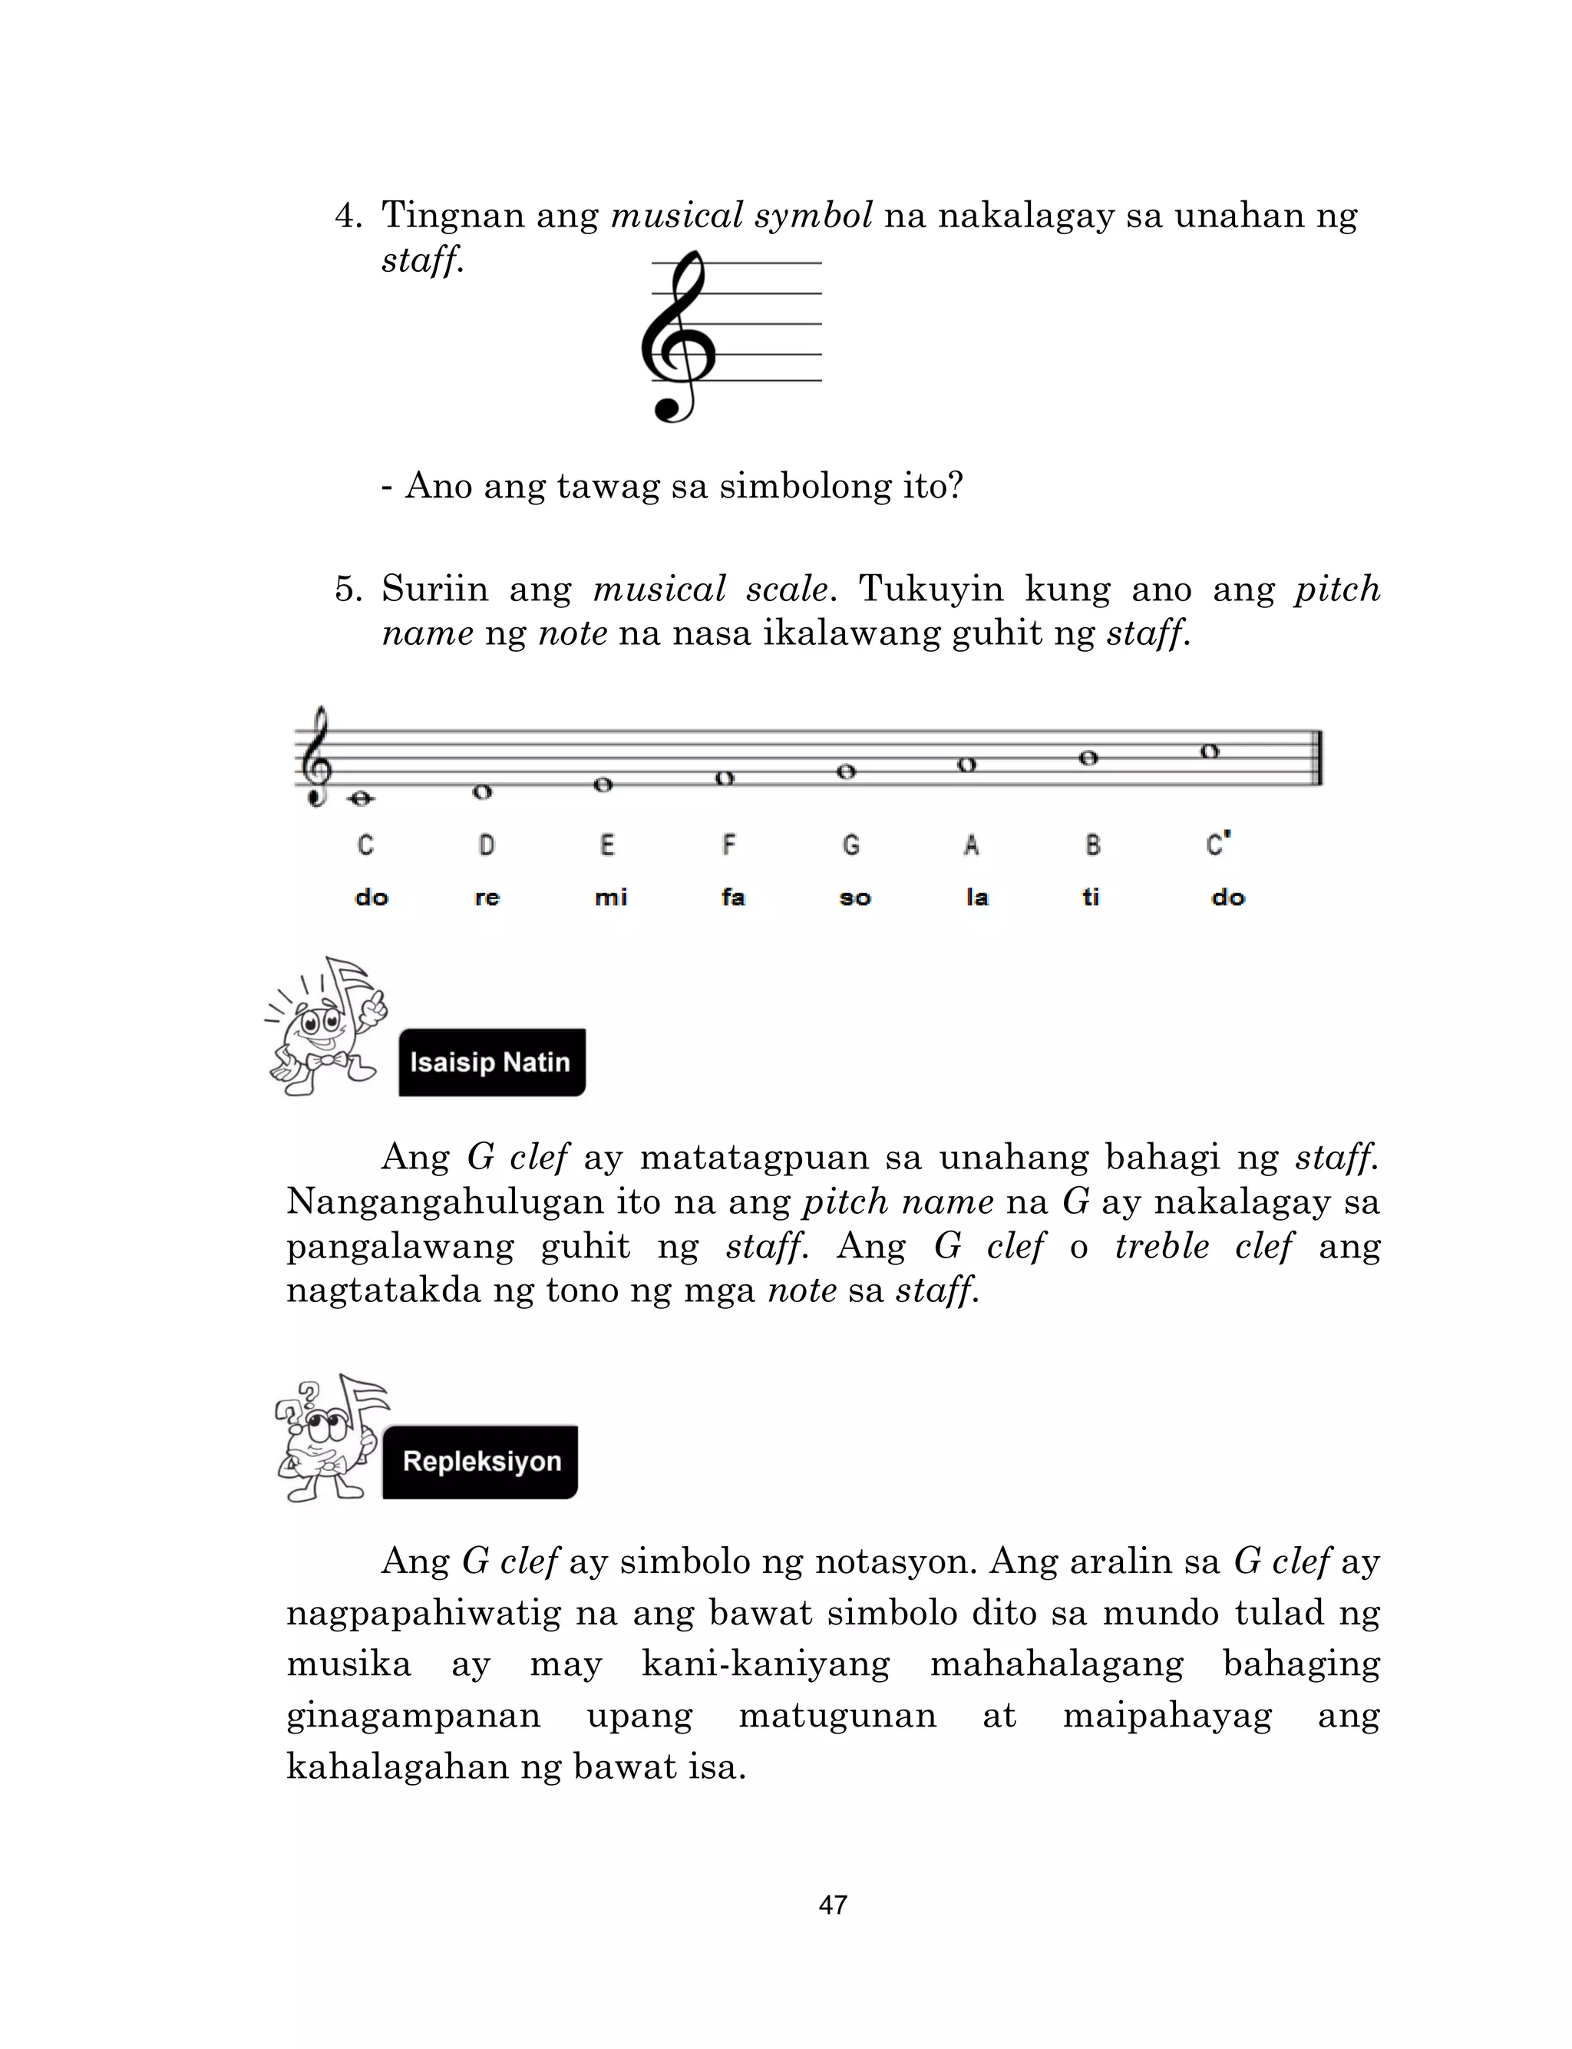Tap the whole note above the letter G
click(x=846, y=772)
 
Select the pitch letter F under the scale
click(x=728, y=845)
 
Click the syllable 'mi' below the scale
click(x=610, y=897)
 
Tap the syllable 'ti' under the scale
click(x=1090, y=897)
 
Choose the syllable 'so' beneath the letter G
click(x=854, y=897)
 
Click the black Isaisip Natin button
click(x=492, y=1062)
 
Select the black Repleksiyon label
click(x=481, y=1462)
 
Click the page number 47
click(x=833, y=1905)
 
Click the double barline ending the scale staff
click(x=1319, y=757)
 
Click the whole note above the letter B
click(x=1088, y=758)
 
